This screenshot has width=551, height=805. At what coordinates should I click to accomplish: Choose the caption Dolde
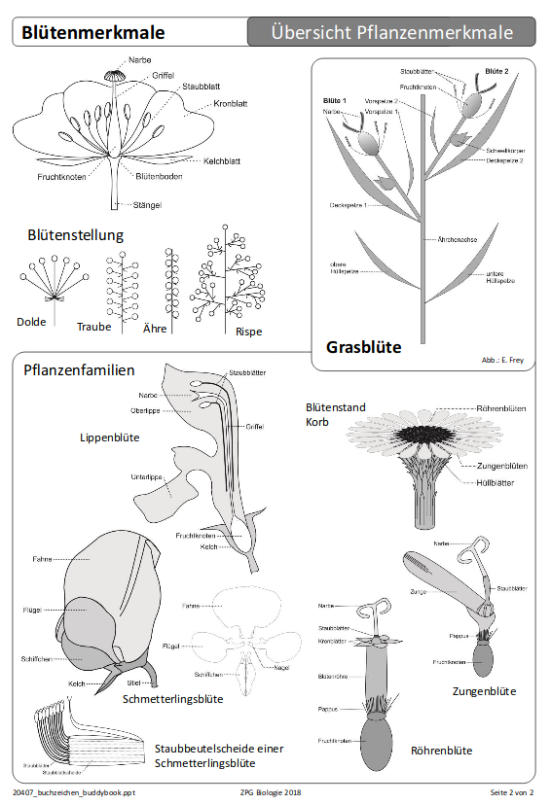coord(31,322)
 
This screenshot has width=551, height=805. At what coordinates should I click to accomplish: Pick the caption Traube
coord(94,327)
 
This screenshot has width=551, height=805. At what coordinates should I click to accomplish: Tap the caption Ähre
coord(156,329)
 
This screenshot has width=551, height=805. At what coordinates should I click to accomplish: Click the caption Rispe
coord(248,331)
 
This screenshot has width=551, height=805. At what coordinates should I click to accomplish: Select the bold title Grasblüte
coord(363,347)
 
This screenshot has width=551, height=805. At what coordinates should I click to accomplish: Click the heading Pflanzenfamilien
coord(79,369)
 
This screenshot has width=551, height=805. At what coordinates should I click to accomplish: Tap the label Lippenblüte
coord(109,437)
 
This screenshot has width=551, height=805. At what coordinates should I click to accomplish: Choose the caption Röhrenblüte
coord(441,751)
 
